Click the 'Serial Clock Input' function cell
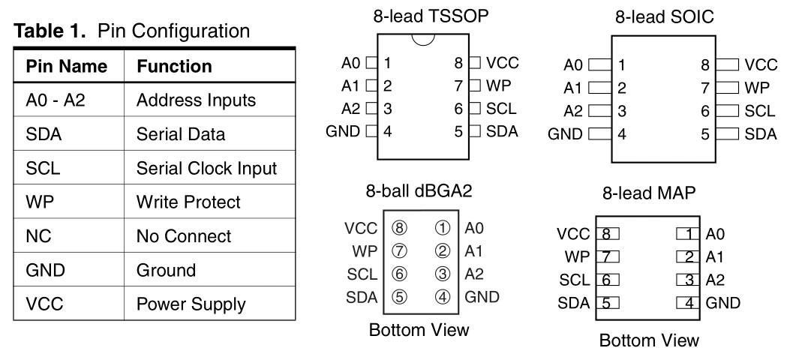[x=206, y=169]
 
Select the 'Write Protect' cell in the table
[x=188, y=202]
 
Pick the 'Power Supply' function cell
[x=191, y=304]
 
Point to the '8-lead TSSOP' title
[x=425, y=14]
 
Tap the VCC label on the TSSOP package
[x=502, y=63]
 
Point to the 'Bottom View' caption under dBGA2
[x=419, y=330]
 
